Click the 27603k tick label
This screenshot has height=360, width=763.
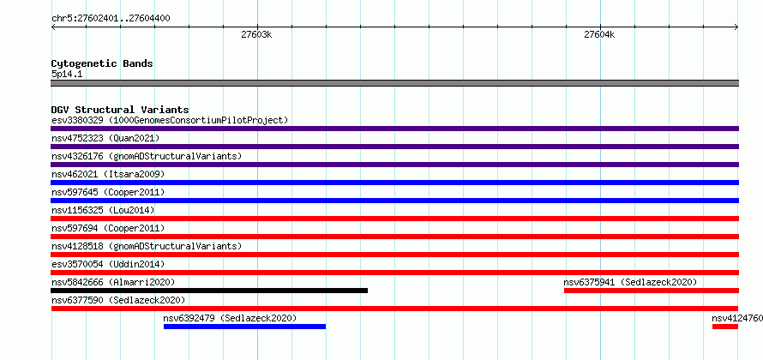tap(257, 35)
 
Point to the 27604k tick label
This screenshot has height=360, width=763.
tap(600, 35)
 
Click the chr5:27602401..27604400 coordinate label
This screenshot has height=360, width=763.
tap(111, 19)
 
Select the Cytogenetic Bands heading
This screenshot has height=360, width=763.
tap(102, 63)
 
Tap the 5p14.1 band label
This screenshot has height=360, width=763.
tap(66, 74)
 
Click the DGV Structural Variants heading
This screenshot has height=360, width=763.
tap(120, 110)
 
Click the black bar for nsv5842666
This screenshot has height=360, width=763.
tap(209, 291)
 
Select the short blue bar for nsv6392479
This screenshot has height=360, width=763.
tap(245, 327)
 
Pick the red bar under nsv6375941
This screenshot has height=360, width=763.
tap(652, 291)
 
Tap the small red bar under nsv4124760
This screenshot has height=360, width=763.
tap(725, 327)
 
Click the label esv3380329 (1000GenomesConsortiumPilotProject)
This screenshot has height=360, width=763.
tap(170, 120)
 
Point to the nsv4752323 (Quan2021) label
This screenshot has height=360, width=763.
tap(105, 138)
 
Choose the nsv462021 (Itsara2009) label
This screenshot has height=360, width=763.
tap(108, 174)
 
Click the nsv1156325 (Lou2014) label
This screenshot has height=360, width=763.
tap(103, 210)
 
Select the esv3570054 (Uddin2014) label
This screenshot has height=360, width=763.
tap(108, 264)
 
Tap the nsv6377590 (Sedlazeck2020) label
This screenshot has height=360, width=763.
tap(118, 300)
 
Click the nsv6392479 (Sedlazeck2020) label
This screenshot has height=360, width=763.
tap(230, 318)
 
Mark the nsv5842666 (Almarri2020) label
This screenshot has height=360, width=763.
tap(113, 282)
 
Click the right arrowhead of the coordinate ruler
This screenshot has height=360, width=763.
tap(736, 27)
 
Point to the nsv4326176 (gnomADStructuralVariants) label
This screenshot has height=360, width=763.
tap(147, 156)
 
